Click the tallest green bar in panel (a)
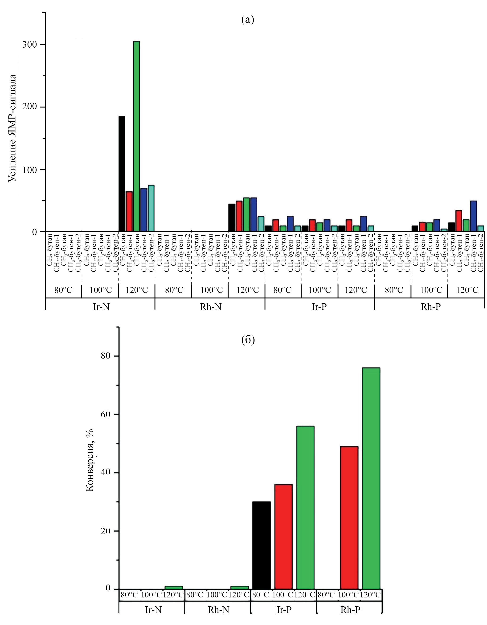136,136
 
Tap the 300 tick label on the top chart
30,44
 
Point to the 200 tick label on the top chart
30,107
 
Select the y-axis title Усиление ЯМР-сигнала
12,128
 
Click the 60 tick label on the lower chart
106,414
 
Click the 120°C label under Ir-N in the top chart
137,290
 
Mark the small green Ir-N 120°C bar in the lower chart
174,588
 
